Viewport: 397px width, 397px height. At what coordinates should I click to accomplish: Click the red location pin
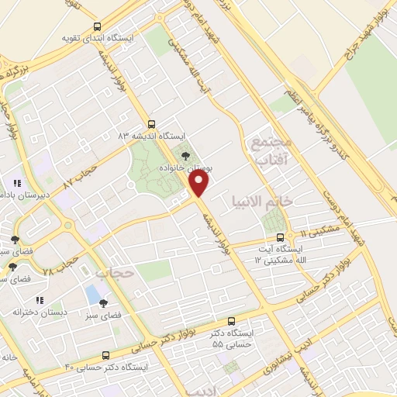[200, 184]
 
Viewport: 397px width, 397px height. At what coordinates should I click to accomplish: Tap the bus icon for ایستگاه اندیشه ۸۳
[150, 123]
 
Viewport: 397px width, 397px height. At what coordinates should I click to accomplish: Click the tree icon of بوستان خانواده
[184, 154]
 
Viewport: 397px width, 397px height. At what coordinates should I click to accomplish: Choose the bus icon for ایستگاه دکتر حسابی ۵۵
[231, 321]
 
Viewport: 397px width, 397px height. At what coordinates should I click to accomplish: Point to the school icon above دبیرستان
[16, 184]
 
